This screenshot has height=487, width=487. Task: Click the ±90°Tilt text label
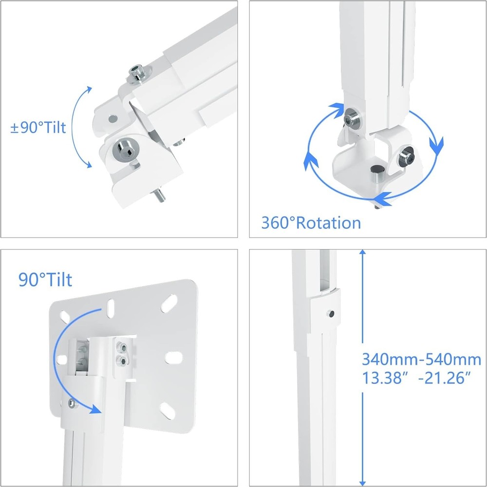(38, 128)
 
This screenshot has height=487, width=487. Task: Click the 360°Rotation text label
(311, 223)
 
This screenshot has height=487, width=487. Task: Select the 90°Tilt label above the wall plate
(45, 280)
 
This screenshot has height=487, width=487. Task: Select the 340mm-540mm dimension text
(421, 360)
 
